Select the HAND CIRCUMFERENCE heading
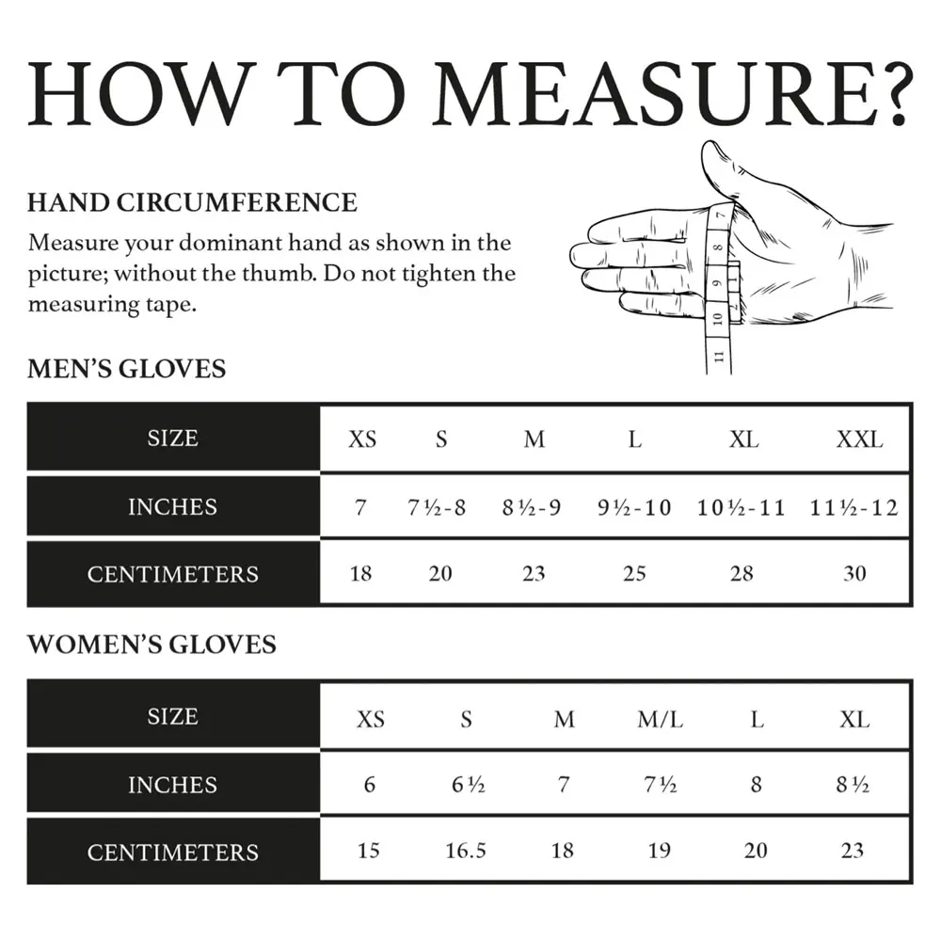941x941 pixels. point(192,202)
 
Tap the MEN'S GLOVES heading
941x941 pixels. point(127,368)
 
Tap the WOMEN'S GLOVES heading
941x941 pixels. point(152,645)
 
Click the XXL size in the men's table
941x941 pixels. point(859,439)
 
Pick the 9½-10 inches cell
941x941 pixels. point(634,508)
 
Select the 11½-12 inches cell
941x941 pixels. point(853,508)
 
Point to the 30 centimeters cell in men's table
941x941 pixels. point(854,573)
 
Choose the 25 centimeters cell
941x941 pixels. point(634,573)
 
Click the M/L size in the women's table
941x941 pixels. point(660,720)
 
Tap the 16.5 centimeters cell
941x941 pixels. point(466,851)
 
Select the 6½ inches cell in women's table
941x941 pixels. point(468,785)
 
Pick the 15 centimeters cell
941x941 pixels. point(369,851)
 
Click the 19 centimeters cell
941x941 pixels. point(660,851)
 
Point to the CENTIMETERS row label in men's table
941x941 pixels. point(172,574)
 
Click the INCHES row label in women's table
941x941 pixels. point(172,785)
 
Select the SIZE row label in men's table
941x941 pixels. point(172,439)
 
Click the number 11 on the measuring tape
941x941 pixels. point(717,356)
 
